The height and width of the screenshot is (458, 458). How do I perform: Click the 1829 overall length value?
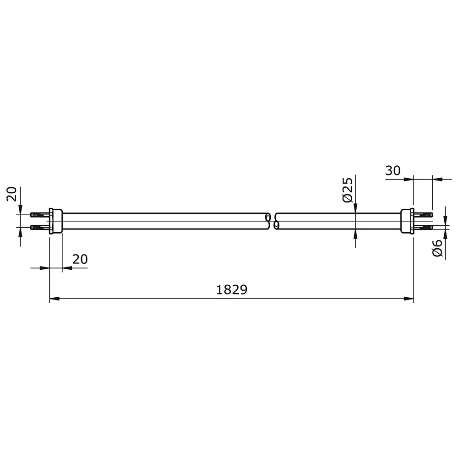232,289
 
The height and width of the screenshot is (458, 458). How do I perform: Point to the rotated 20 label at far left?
12,194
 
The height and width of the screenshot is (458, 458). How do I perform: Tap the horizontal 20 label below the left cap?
80,259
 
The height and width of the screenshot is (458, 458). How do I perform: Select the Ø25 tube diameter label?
348,190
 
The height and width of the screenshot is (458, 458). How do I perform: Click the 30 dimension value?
393,170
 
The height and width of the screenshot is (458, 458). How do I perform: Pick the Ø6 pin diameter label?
437,248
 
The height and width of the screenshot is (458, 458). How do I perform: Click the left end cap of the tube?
55,221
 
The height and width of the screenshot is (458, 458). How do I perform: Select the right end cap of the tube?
407,221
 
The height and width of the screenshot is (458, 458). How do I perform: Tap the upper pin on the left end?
40,215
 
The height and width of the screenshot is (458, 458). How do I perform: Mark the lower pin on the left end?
40,227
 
